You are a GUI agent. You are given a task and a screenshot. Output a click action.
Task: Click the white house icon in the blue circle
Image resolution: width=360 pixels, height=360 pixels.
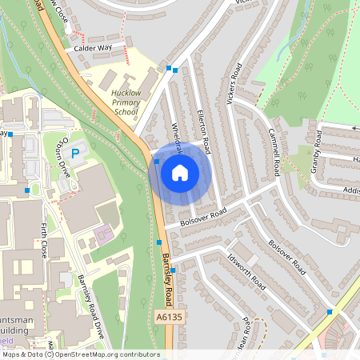pyautogui.click(x=180, y=172)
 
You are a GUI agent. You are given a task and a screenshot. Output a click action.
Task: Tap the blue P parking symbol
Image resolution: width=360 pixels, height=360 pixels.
pyautogui.click(x=76, y=152)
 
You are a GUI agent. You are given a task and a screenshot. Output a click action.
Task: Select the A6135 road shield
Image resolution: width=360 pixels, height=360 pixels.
pyautogui.click(x=164, y=318)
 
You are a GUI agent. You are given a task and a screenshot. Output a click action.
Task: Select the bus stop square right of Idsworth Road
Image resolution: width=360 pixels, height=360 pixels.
pyautogui.click(x=329, y=311)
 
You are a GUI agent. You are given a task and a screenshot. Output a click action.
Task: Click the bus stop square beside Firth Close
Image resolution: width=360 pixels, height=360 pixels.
pyautogui.click(x=28, y=190)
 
